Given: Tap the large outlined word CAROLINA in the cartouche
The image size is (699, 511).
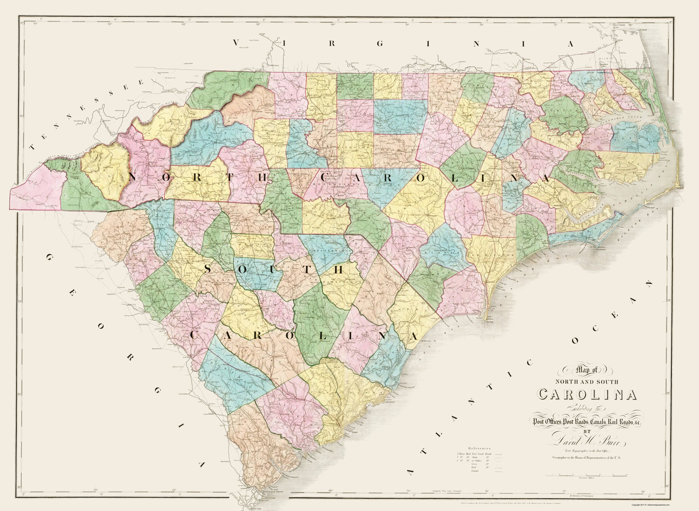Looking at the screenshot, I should tap(587, 395).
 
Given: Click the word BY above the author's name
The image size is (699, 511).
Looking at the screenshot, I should tap(587, 432).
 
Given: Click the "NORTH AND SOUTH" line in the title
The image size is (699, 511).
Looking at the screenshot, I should tap(587, 382).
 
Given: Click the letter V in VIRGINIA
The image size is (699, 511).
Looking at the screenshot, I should tap(237, 44).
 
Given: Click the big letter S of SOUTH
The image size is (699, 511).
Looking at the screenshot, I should tap(208, 269).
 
